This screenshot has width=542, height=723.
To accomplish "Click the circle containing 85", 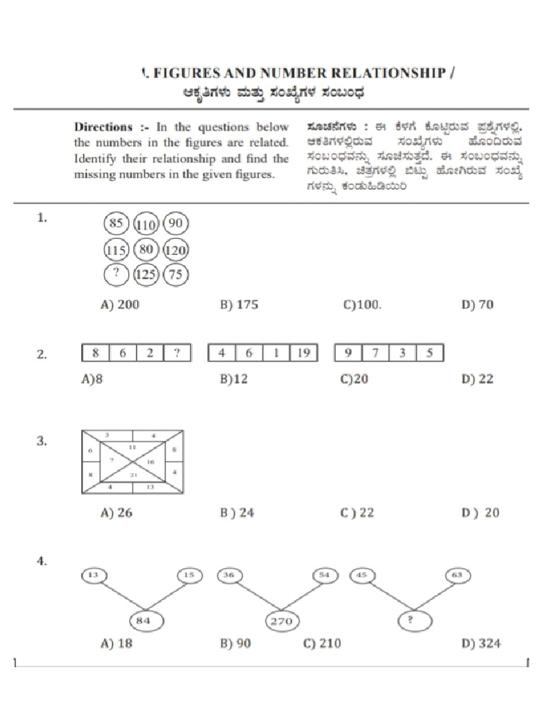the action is (116, 225).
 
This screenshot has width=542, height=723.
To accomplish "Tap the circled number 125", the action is (145, 275).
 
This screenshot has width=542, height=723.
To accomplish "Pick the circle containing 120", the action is (176, 250).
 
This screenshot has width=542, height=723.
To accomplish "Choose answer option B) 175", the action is (239, 305).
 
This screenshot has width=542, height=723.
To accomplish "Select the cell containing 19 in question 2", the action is (303, 353).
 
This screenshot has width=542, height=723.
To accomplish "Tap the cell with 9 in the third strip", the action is (347, 353).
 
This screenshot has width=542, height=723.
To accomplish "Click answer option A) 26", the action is (116, 513).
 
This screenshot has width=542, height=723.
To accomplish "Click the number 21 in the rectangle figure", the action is (133, 477).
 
